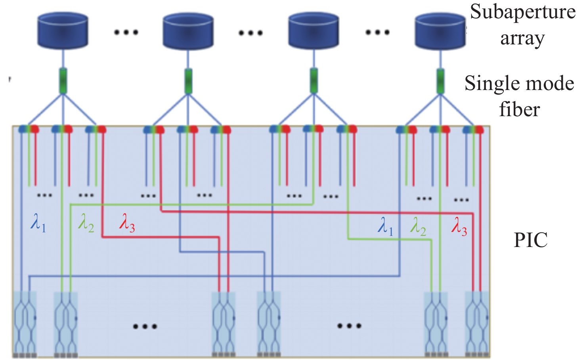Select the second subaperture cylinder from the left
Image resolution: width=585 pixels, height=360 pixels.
(x=188, y=31)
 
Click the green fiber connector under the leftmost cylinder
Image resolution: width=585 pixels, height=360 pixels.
(x=63, y=81)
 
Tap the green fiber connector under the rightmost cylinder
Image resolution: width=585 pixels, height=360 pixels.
(x=440, y=81)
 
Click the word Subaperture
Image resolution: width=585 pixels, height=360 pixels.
(x=522, y=12)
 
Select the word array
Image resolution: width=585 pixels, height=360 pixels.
(x=522, y=38)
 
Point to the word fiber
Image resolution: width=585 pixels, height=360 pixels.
(x=519, y=109)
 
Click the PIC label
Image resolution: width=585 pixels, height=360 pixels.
(x=531, y=240)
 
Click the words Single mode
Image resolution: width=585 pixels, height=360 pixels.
(x=519, y=84)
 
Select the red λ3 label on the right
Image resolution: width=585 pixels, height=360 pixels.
(x=459, y=228)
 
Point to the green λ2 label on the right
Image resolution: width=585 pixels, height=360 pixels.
(x=419, y=228)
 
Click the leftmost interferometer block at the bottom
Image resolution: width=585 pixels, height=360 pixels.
(x=25, y=323)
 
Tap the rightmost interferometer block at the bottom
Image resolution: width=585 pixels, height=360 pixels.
(x=477, y=323)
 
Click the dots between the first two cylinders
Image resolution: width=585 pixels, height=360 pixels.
(x=126, y=32)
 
